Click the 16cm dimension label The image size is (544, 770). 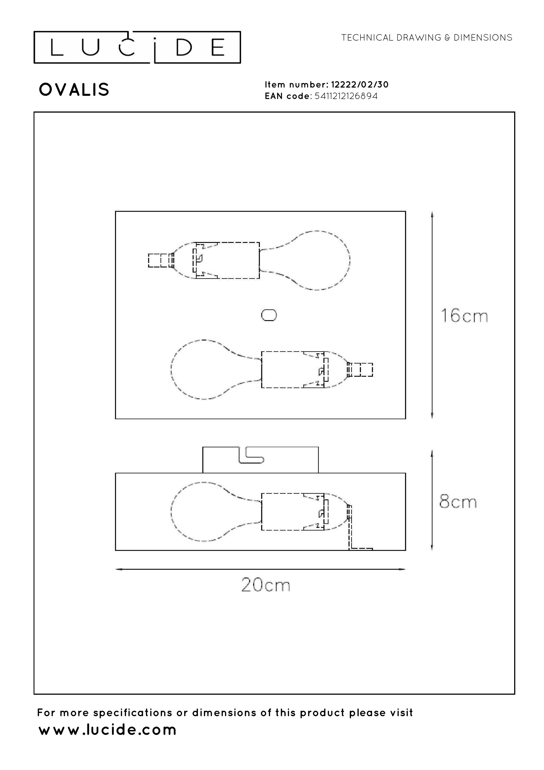[464, 316]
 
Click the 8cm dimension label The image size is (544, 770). [458, 502]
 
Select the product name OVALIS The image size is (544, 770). [74, 90]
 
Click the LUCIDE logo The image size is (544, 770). [137, 47]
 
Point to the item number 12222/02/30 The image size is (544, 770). [360, 85]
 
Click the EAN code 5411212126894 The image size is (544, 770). [346, 96]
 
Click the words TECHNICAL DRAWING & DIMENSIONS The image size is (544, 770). [427, 38]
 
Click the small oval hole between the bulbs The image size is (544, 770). [269, 315]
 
